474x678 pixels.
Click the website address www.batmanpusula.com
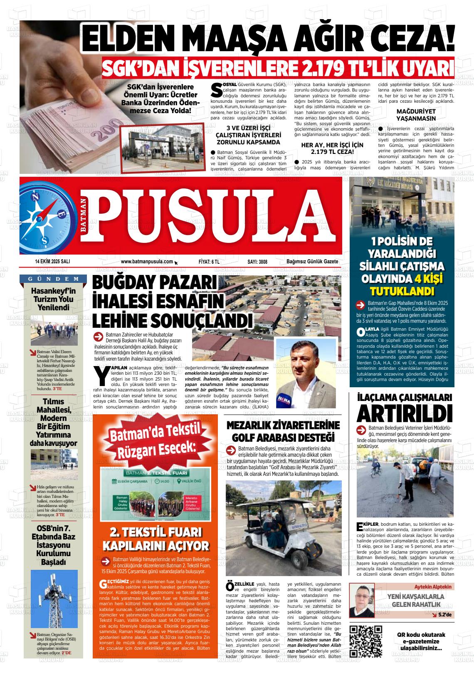[x=147, y=262]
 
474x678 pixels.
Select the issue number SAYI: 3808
[x=257, y=262]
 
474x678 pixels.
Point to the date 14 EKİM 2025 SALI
[x=52, y=262]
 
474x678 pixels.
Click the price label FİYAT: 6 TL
[x=209, y=262]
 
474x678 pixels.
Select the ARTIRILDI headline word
[x=404, y=413]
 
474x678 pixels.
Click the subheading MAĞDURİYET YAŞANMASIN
[x=416, y=115]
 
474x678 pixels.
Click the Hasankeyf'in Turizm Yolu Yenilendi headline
[x=53, y=299]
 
